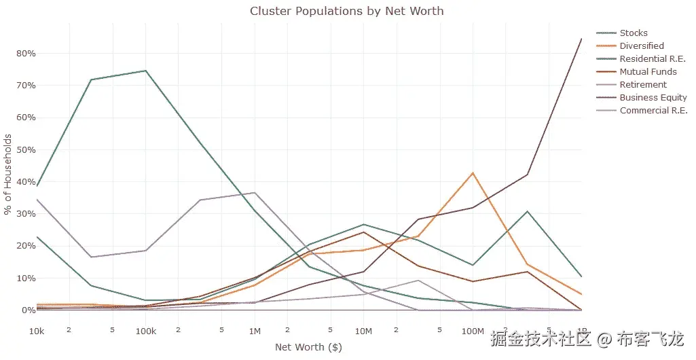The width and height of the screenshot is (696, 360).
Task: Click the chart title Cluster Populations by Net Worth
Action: (x=346, y=11)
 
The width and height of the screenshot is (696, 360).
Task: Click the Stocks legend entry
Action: (x=633, y=33)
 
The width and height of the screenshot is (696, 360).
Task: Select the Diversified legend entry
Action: (x=641, y=46)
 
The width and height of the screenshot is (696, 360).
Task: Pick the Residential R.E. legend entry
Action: (x=653, y=58)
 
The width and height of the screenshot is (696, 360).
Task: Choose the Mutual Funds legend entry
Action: (x=648, y=71)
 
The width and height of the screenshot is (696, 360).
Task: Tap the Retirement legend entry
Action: (x=643, y=84)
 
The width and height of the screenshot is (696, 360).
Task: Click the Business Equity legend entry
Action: (x=653, y=97)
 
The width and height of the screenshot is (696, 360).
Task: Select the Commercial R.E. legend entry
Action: (x=653, y=110)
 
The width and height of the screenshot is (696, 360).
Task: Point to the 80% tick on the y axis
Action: (x=26, y=53)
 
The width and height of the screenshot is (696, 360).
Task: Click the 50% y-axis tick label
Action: (x=26, y=149)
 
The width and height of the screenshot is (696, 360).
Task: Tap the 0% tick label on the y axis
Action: (x=28, y=310)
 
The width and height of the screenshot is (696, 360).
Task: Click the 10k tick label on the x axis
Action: (x=37, y=331)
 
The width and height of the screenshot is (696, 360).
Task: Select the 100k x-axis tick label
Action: (x=146, y=331)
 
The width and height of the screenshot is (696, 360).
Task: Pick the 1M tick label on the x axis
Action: (x=255, y=331)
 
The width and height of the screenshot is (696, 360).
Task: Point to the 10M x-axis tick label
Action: (x=363, y=331)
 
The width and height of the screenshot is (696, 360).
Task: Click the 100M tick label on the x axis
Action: (x=472, y=331)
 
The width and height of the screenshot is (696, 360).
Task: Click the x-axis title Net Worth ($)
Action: (x=308, y=347)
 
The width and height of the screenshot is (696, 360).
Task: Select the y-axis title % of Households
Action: (x=8, y=174)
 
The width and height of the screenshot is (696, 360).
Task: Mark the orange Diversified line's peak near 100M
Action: (x=473, y=173)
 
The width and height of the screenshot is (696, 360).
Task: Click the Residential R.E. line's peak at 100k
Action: (x=145, y=71)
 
